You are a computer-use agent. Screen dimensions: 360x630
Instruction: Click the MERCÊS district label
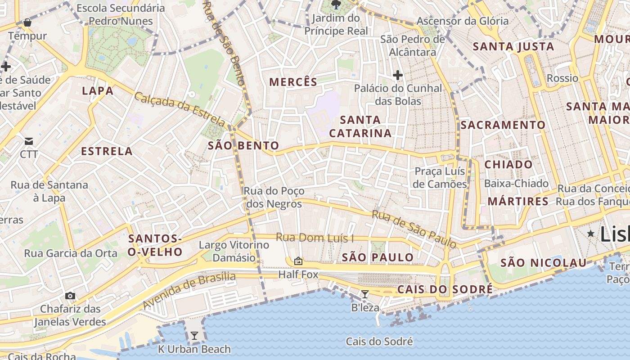click(293, 82)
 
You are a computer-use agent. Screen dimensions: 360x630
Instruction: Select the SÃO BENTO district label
click(243, 145)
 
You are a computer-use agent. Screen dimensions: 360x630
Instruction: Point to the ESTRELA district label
click(107, 151)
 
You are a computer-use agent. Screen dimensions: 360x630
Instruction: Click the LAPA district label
click(98, 91)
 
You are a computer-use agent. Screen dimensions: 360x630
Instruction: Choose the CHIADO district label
click(508, 165)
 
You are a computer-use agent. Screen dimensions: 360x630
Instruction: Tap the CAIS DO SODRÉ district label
click(445, 289)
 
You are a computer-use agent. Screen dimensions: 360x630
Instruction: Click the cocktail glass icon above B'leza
click(365, 294)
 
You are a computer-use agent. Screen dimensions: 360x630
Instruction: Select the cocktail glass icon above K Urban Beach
click(194, 335)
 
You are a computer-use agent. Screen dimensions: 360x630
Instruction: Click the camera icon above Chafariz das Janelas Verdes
click(70, 296)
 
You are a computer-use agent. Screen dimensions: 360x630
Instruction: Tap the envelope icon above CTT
click(29, 141)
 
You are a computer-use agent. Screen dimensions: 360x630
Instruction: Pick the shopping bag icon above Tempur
click(27, 22)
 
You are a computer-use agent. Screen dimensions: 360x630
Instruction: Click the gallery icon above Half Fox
click(298, 261)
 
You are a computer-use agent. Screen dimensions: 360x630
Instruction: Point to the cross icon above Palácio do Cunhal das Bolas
click(397, 75)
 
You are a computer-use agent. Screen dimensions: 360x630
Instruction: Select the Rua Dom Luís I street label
click(315, 238)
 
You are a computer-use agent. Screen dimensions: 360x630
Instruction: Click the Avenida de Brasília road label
click(189, 290)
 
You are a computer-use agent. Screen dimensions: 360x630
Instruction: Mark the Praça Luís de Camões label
click(440, 178)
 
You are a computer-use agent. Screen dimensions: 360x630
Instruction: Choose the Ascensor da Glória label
click(462, 21)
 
